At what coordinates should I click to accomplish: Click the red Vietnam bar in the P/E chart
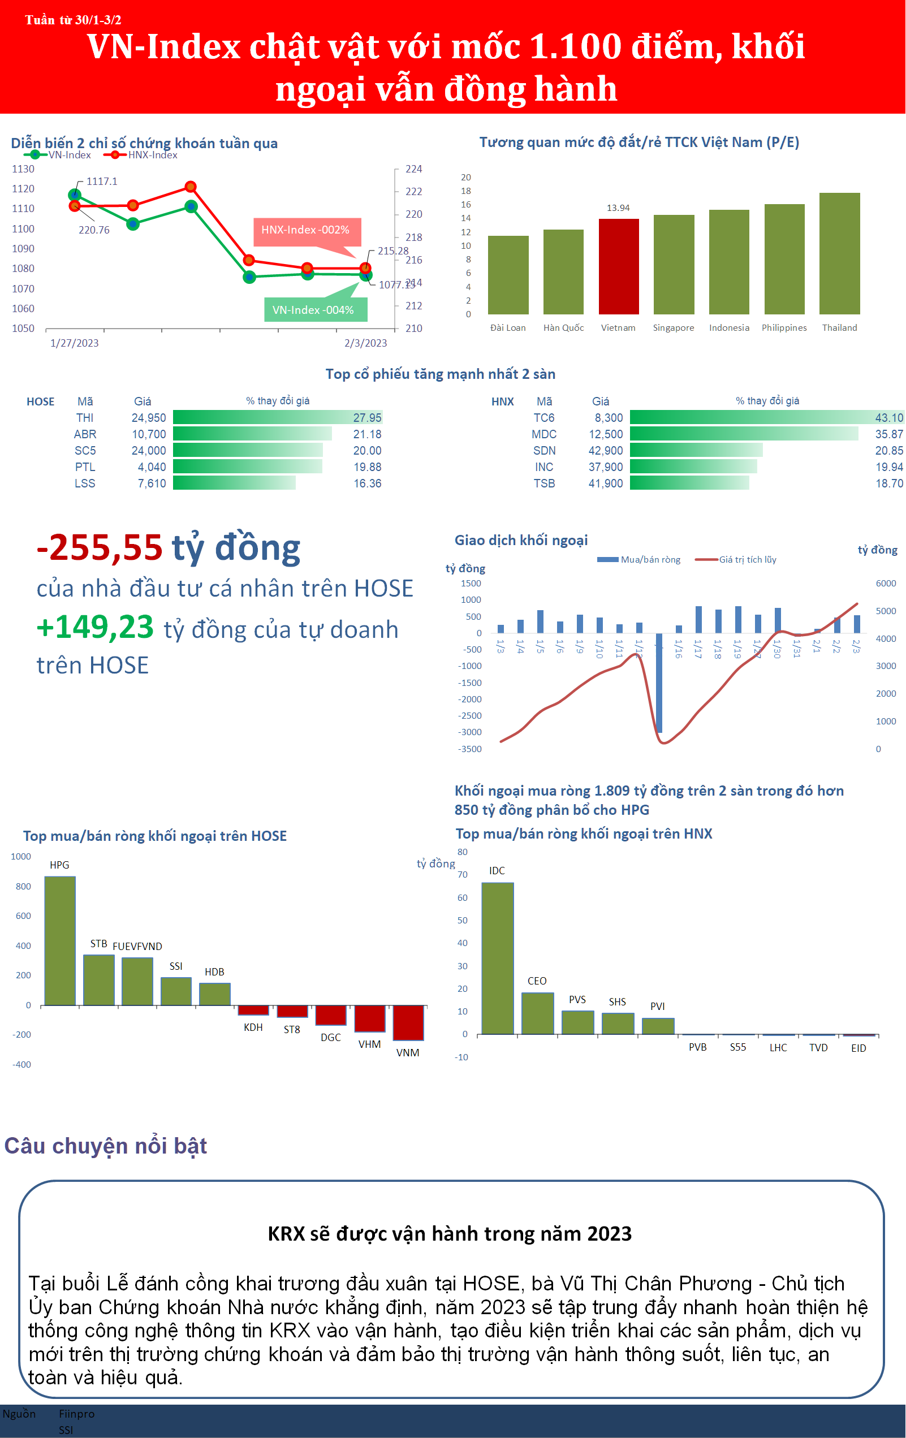(619, 266)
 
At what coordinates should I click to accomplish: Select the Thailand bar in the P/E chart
(839, 253)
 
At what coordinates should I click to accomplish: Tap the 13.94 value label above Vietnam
(618, 208)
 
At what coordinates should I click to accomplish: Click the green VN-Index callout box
(315, 310)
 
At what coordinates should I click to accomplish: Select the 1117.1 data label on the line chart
(102, 182)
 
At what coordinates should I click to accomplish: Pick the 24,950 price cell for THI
(149, 418)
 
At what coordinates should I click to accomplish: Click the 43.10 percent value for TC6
(888, 418)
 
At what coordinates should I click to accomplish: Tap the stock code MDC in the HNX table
(543, 434)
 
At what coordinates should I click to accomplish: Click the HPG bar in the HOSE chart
(61, 940)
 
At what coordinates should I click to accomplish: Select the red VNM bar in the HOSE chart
(408, 1022)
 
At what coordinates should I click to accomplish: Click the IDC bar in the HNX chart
(498, 958)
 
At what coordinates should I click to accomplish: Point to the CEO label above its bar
(537, 981)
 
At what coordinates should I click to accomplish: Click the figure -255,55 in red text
(100, 547)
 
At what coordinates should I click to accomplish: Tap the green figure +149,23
(96, 628)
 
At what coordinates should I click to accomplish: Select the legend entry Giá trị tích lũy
(747, 560)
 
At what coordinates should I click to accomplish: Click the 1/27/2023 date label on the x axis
(74, 343)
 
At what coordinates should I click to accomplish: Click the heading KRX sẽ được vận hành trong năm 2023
(449, 1233)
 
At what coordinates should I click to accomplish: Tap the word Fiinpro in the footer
(76, 1414)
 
